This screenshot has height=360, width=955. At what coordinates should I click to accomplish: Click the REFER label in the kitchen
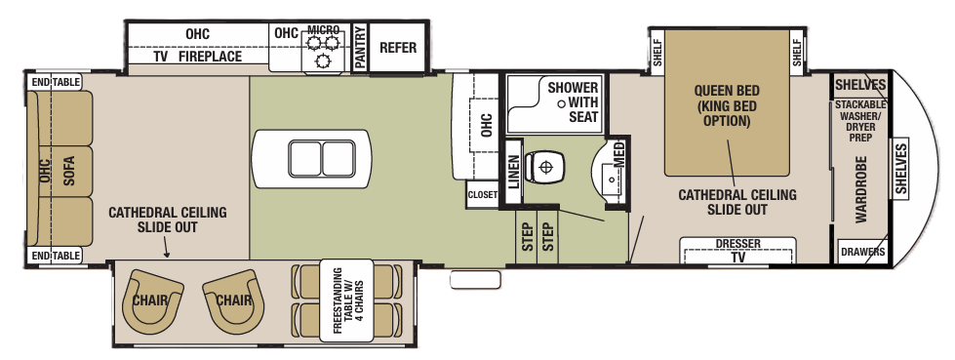pyautogui.click(x=397, y=48)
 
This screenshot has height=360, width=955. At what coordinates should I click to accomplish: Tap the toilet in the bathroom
pyautogui.click(x=543, y=167)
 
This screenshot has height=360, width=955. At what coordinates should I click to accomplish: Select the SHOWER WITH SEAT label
pyautogui.click(x=572, y=101)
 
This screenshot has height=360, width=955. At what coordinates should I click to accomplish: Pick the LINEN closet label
pyautogui.click(x=512, y=167)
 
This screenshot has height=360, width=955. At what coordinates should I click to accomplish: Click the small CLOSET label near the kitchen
pyautogui.click(x=482, y=194)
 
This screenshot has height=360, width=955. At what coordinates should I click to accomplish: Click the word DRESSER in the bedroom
pyautogui.click(x=737, y=243)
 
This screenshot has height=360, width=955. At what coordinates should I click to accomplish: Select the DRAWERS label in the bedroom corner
pyautogui.click(x=862, y=252)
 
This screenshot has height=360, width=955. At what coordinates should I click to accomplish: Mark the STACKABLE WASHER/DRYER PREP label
pyautogui.click(x=859, y=121)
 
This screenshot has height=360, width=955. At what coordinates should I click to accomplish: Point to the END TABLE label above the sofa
pyautogui.click(x=55, y=83)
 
